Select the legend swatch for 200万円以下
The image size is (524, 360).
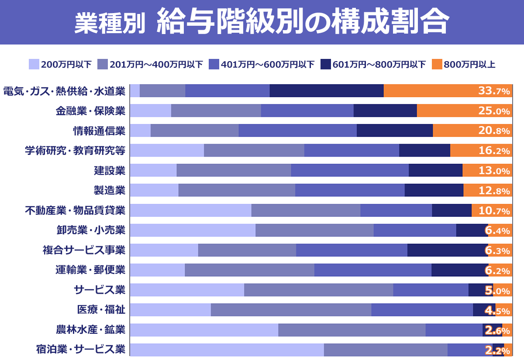(x=34, y=65)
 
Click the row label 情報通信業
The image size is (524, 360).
(x=99, y=131)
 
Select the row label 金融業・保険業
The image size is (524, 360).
(x=90, y=111)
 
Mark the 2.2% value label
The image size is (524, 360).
(x=497, y=350)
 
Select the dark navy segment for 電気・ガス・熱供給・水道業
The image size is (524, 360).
(x=327, y=91)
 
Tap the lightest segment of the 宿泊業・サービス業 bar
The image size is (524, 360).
(x=227, y=350)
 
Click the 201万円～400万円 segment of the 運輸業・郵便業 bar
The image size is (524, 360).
(x=249, y=270)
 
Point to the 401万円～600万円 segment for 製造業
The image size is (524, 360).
(x=350, y=191)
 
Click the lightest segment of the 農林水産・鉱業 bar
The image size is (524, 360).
(x=204, y=330)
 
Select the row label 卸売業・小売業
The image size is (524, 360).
(x=90, y=230)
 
